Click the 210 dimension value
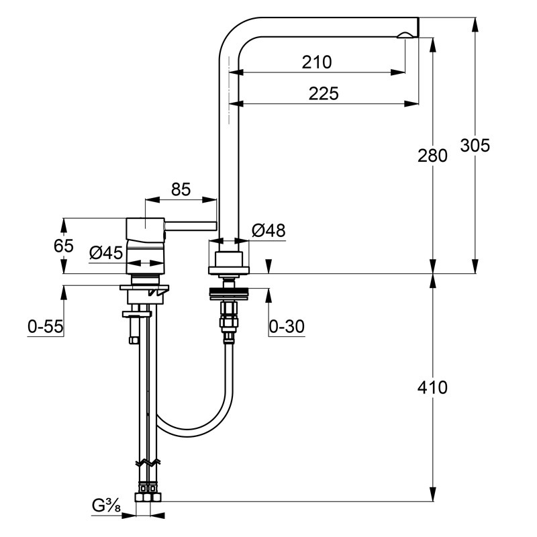(317, 62)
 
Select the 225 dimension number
(324, 93)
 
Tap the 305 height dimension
(475, 145)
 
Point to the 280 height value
(432, 156)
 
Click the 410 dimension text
(432, 387)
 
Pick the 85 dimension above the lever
(181, 189)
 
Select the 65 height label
(64, 246)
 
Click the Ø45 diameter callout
(106, 253)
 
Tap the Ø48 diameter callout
(268, 230)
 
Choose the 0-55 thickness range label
(46, 326)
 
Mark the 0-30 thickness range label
(287, 326)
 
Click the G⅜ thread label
(106, 505)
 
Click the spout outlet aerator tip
(405, 36)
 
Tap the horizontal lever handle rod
(191, 226)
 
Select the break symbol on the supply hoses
(148, 462)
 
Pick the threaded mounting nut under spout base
(229, 294)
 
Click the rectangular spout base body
(229, 259)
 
